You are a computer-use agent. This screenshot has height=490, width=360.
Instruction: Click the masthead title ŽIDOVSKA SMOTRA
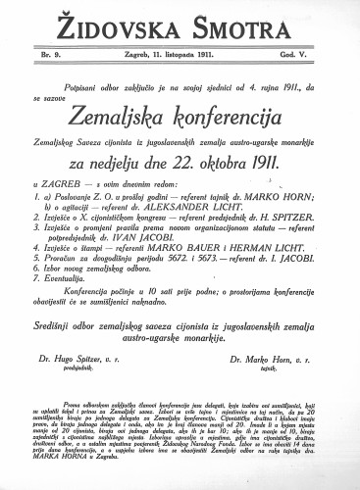click(180, 21)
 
